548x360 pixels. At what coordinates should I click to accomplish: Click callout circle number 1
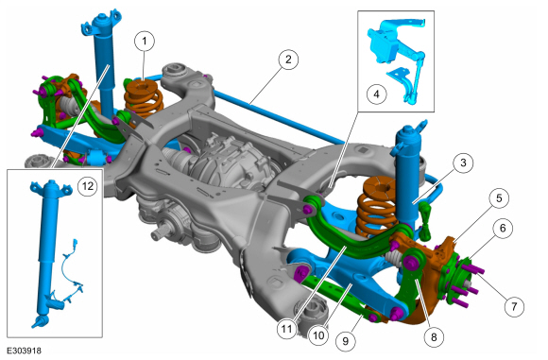[145, 41]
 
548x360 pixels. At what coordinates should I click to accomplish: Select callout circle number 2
[288, 60]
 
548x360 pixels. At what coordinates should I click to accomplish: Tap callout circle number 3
[463, 163]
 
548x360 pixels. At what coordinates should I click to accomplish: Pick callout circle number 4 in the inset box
[377, 94]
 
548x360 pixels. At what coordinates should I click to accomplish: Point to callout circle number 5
[499, 198]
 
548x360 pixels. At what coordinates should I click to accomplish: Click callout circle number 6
[503, 229]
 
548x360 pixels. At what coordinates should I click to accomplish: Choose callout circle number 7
[514, 306]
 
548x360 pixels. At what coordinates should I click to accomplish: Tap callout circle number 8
[434, 337]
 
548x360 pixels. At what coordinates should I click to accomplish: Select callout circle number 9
[346, 340]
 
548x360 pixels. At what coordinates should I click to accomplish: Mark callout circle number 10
[318, 335]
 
